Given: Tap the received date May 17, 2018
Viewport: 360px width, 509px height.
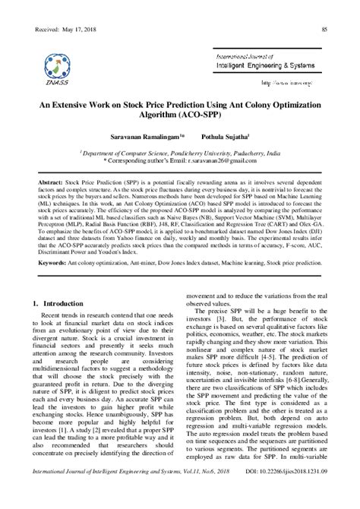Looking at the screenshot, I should point(83,29).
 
